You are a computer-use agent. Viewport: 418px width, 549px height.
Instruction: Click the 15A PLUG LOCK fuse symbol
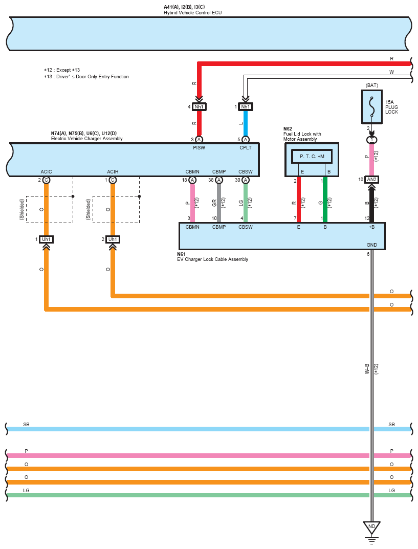pos(371,107)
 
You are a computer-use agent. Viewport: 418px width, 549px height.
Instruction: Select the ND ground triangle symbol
pos(371,528)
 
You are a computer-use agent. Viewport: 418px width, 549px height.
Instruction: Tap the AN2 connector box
pos(371,180)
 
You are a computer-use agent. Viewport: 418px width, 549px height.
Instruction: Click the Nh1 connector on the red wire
pos(199,107)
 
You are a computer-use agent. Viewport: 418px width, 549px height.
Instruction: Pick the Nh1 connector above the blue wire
pos(246,107)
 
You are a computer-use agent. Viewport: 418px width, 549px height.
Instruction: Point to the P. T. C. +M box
pos(312,157)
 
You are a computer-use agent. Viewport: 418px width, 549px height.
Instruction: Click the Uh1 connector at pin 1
pos(46,239)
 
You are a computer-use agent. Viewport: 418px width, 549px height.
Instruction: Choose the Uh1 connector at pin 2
pos(113,239)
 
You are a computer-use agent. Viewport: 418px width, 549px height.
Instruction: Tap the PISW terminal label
pos(199,148)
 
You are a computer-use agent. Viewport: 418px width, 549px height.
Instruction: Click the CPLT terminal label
pos(246,148)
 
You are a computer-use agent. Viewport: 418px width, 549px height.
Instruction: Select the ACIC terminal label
pos(46,171)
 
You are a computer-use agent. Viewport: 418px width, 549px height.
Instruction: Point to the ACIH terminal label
pos(113,171)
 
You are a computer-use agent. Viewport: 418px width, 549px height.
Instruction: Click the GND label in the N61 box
pos(372,245)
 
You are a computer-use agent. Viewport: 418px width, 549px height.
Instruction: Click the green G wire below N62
pos(325,200)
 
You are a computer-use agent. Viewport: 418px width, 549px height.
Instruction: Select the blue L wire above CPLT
pos(246,123)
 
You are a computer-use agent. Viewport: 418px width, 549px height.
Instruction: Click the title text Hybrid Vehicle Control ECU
pos(192,13)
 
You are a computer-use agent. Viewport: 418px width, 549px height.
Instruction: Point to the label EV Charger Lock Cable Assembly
pos(212,259)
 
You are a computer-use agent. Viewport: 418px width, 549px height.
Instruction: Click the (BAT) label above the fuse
pos(372,85)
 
